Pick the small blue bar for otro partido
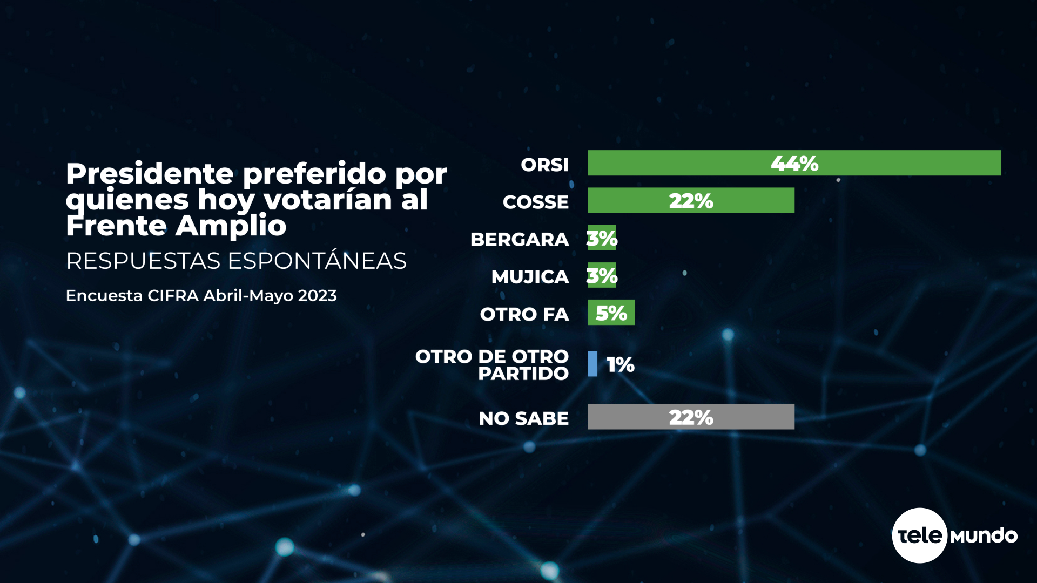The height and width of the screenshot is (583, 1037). [x=592, y=364]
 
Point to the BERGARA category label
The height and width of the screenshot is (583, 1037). [x=519, y=239]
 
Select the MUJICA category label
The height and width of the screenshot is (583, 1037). [x=530, y=277]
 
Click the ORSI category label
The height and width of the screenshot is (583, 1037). [x=544, y=165]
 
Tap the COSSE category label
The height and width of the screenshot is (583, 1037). [x=535, y=202]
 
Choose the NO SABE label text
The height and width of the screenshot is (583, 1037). [x=523, y=418]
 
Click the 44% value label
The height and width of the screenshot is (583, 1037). [x=794, y=164]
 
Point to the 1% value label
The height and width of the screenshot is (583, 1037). [x=621, y=364]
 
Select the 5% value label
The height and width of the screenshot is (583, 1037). [x=611, y=313]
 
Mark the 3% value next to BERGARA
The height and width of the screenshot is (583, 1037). [x=602, y=238]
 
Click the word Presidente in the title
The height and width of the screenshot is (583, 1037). [x=150, y=174]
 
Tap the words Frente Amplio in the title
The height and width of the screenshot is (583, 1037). [x=176, y=226]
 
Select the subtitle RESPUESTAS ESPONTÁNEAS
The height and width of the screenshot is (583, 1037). [x=236, y=261]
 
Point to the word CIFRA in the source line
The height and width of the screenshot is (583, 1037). [x=173, y=296]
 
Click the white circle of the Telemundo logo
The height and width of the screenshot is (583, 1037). [x=919, y=535]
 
